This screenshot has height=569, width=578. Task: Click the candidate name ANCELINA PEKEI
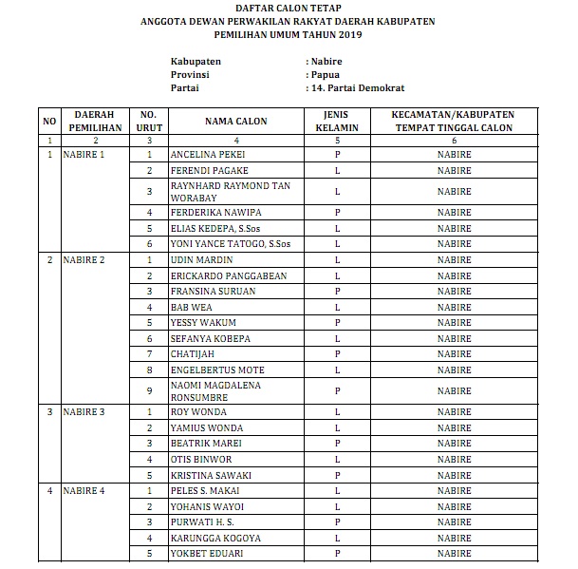203,154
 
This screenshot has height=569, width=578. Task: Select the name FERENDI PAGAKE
203,170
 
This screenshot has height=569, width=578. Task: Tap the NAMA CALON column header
235,122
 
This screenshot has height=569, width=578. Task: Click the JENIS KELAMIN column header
337,122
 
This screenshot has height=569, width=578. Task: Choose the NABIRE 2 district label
84,259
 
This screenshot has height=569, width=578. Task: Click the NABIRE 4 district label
84,490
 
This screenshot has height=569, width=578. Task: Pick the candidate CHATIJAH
192,354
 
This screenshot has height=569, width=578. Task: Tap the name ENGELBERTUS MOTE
216,370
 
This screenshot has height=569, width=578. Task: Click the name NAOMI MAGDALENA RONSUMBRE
215,391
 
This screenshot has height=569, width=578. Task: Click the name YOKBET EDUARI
204,554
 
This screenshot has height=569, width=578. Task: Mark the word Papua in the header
325,73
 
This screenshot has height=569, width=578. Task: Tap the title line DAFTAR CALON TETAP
288,9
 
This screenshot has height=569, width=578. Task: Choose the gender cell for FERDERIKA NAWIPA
337,212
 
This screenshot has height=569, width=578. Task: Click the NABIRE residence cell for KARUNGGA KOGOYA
454,539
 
